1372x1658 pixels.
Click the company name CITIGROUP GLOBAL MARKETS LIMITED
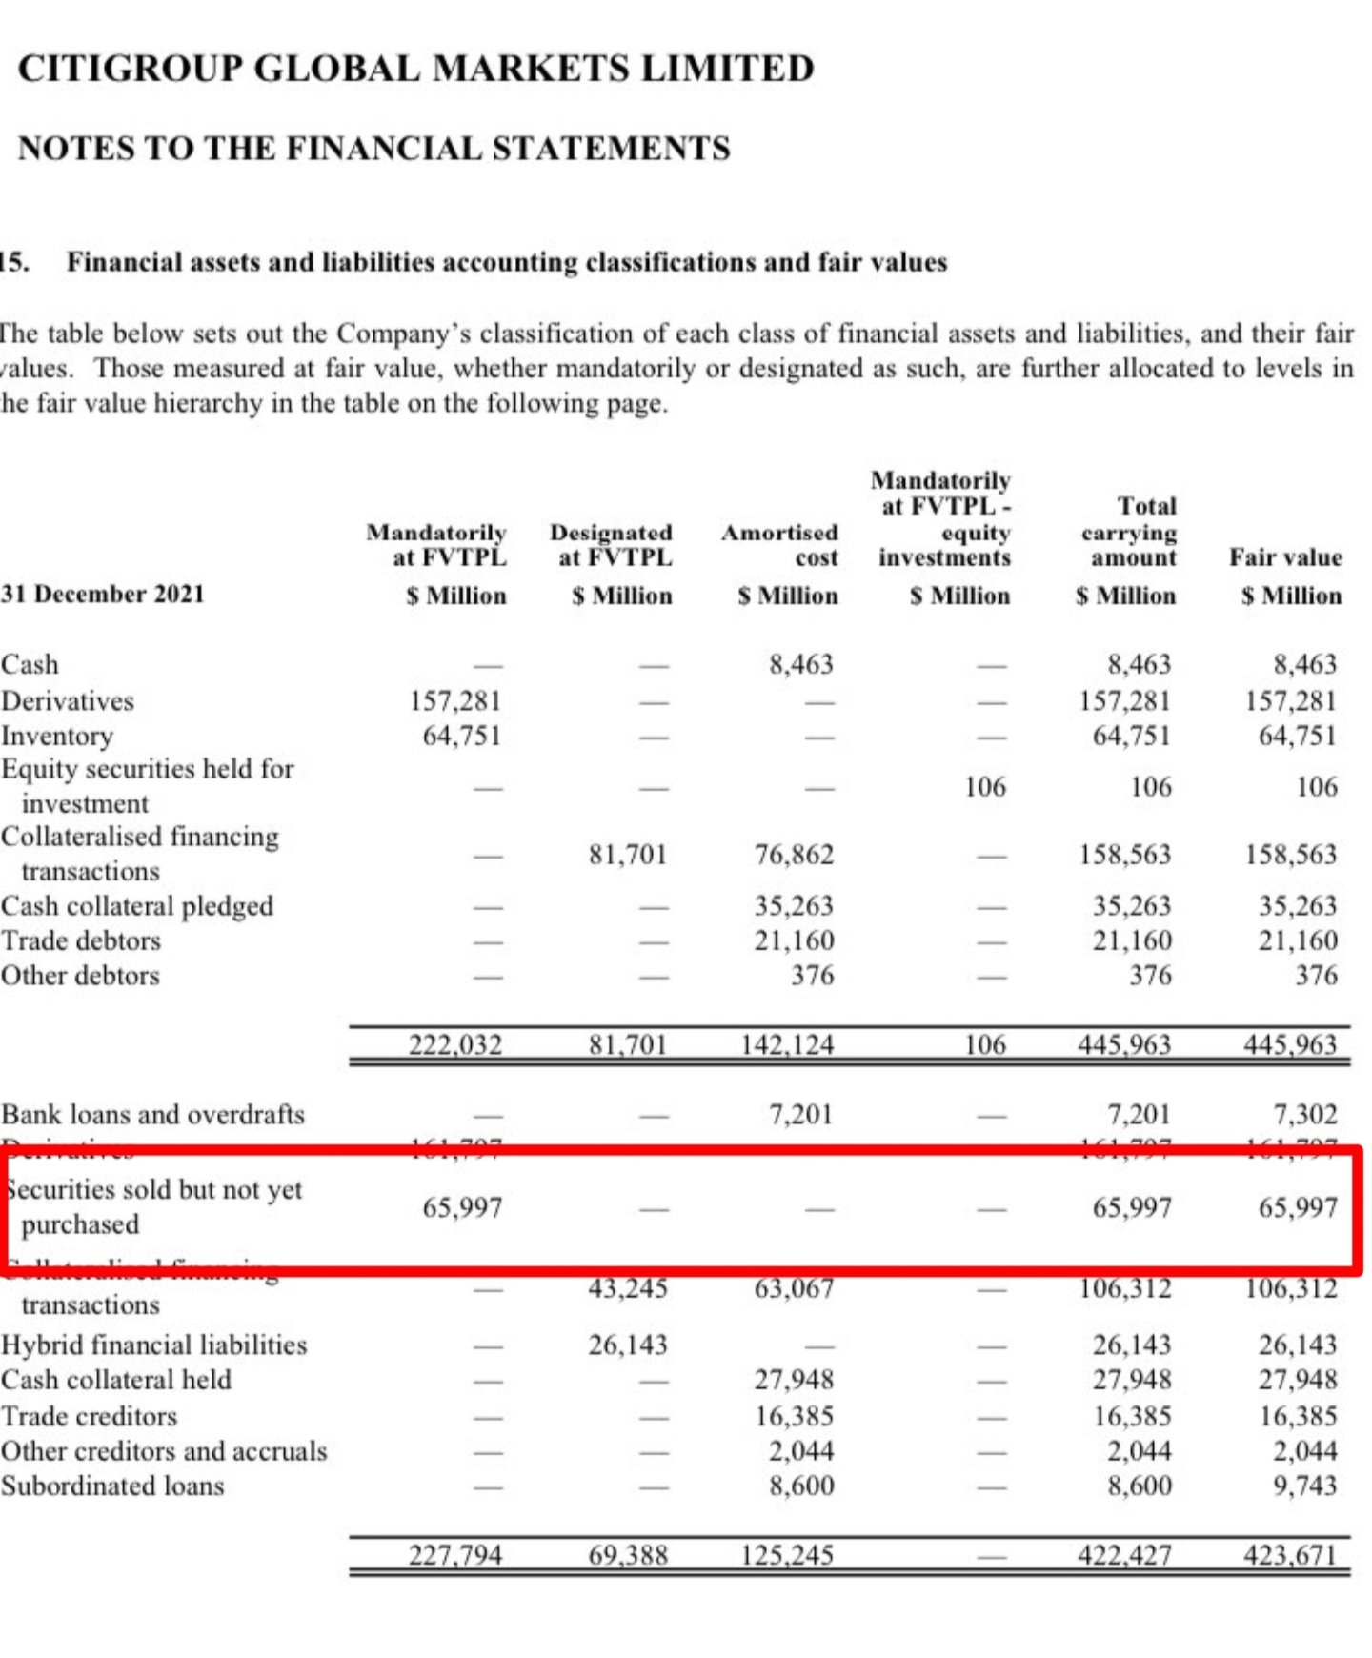point(416,69)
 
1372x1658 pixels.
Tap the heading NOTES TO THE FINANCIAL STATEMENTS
point(374,149)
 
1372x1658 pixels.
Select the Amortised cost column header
point(779,545)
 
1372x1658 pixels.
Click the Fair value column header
point(1285,557)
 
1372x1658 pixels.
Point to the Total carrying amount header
point(1129,532)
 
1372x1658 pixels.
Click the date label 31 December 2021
point(103,595)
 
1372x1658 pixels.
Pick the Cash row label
point(30,664)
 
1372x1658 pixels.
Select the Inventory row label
point(57,736)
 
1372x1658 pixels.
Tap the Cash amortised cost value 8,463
point(800,664)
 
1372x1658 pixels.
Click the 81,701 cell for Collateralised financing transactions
point(627,855)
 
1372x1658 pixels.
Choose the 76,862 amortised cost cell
point(794,855)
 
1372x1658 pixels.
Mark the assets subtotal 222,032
point(455,1045)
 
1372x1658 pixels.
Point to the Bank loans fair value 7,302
point(1304,1114)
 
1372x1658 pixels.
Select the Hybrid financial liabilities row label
point(154,1345)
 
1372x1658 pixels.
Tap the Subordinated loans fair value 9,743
point(1304,1486)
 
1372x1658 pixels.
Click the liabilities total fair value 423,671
point(1289,1555)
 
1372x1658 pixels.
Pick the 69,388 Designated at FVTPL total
point(627,1555)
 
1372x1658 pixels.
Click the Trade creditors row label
point(90,1416)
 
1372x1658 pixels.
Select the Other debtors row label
point(81,976)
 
